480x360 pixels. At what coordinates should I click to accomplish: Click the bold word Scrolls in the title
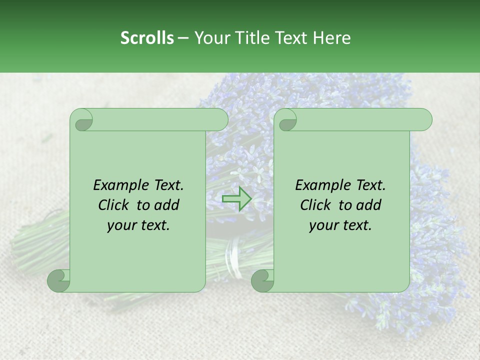click(x=147, y=38)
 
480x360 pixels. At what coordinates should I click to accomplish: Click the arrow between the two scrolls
click(x=236, y=199)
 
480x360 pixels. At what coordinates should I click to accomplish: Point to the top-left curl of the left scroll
click(x=82, y=120)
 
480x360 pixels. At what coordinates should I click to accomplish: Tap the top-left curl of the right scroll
click(x=286, y=120)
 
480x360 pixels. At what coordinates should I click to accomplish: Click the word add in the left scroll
click(x=166, y=205)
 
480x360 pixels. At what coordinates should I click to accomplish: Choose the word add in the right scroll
click(x=368, y=205)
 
